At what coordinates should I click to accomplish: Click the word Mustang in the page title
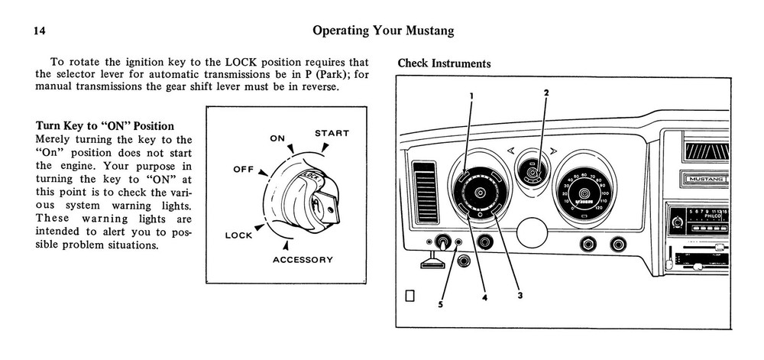click(x=424, y=31)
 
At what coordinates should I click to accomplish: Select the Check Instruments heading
click(x=444, y=63)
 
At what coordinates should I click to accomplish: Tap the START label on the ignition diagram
click(x=332, y=133)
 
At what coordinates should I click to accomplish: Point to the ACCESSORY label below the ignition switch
click(x=303, y=260)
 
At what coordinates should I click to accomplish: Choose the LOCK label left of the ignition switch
click(x=238, y=235)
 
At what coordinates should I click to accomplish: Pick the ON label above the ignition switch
click(x=277, y=138)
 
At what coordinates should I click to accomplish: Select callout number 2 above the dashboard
click(x=545, y=92)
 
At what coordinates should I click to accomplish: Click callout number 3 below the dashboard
click(x=519, y=296)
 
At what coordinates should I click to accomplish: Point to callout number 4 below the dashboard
click(x=484, y=298)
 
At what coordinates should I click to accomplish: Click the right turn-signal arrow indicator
click(x=553, y=151)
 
